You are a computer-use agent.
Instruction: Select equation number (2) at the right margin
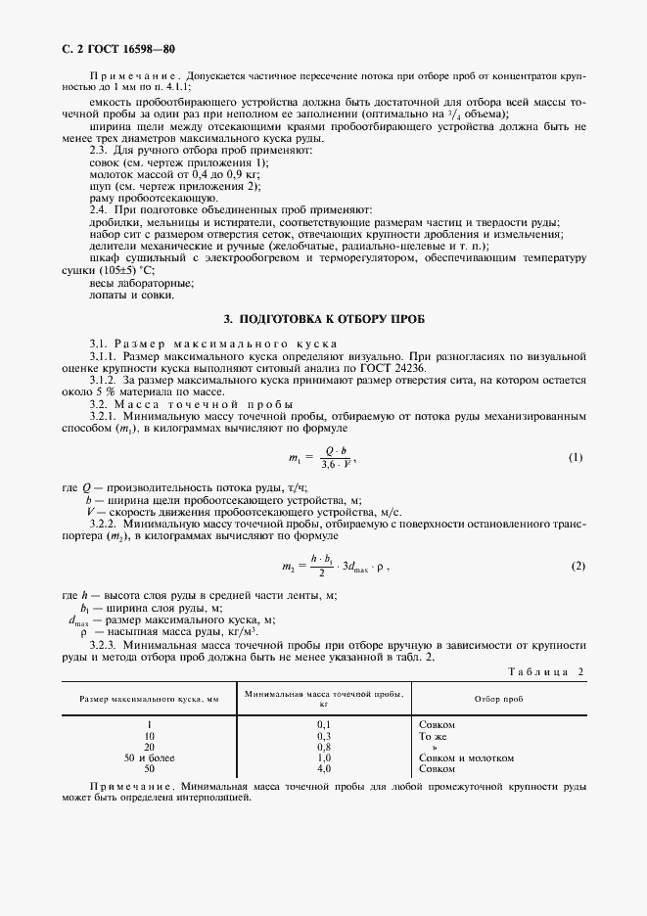click(578, 567)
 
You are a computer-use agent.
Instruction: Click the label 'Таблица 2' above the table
click(546, 670)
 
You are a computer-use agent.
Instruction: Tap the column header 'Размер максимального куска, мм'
click(150, 699)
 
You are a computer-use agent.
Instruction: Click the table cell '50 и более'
click(149, 758)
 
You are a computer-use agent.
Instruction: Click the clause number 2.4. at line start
click(99, 210)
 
